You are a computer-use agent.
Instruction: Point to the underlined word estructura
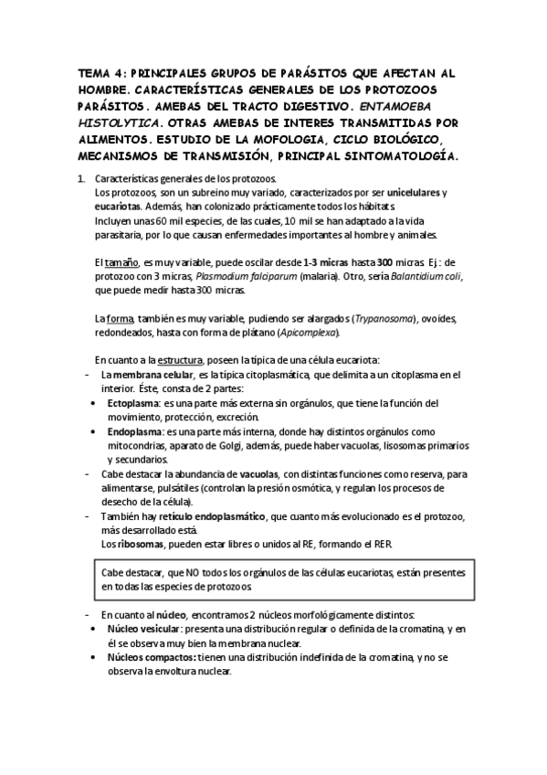(x=180, y=359)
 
